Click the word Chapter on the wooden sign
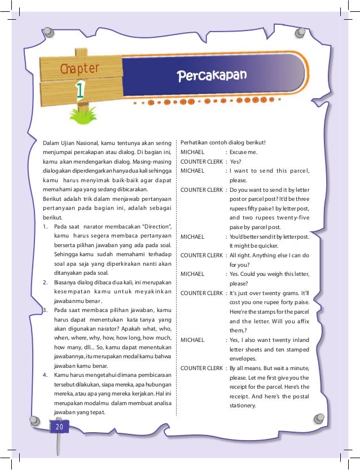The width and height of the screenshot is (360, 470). [80, 69]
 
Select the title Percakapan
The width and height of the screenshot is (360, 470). [212, 76]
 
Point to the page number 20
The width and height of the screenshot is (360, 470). [59, 428]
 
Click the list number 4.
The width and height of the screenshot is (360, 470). [45, 375]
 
